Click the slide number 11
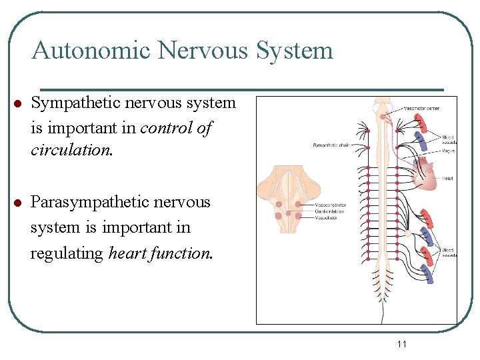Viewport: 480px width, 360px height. click(x=401, y=344)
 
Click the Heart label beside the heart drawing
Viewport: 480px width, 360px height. click(x=447, y=179)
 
